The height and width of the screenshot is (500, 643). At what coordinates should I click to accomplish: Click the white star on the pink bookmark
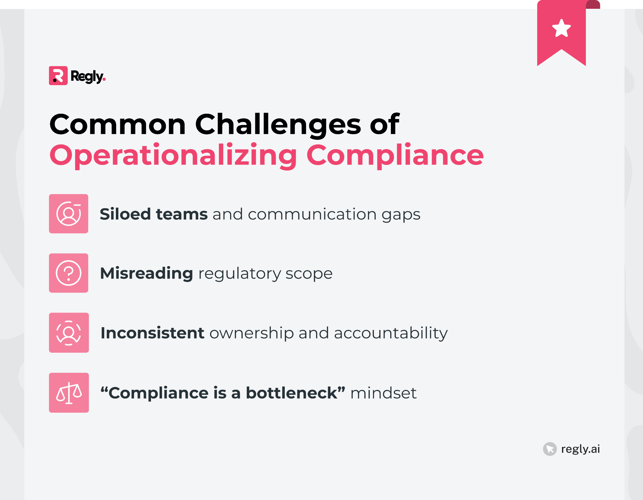(561, 28)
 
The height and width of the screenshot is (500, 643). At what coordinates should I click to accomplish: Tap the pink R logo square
(58, 76)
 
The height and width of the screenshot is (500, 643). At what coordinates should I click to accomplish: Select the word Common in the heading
(118, 125)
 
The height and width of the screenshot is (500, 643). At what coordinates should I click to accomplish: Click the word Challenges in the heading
(278, 125)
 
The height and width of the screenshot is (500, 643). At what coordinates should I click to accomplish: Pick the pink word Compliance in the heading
(395, 155)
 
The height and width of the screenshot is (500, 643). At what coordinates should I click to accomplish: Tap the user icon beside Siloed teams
(68, 214)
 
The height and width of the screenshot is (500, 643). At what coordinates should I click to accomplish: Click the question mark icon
(68, 273)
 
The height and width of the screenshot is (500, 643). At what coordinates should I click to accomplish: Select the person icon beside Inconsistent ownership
(69, 333)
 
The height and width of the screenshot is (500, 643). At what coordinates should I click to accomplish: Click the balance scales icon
(69, 393)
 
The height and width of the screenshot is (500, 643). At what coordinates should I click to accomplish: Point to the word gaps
(401, 215)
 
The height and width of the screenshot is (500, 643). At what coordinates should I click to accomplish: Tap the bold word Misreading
(146, 273)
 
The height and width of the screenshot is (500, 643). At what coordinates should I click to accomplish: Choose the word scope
(309, 274)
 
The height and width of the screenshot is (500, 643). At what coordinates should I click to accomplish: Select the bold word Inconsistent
(152, 333)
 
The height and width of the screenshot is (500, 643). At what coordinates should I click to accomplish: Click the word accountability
(391, 334)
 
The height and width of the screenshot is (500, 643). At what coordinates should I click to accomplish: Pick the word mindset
(383, 393)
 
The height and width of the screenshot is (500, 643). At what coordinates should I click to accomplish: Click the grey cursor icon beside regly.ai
(550, 449)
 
